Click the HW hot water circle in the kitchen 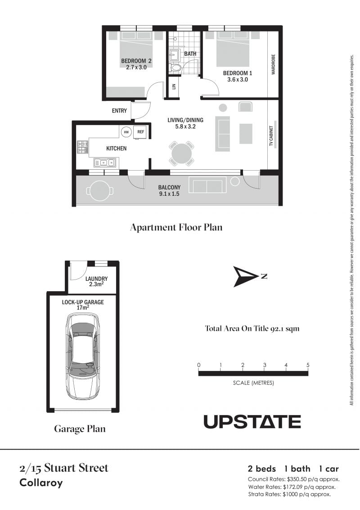pos(126,132)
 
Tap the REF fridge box pos(140,132)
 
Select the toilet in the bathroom pos(175,68)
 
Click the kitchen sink pos(104,162)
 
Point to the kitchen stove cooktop pos(83,147)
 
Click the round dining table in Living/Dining pos(181,153)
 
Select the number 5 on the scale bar pos(308,365)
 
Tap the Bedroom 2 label pos(136,64)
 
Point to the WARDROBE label pos(273,64)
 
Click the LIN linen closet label pos(174,86)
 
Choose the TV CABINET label pos(271,135)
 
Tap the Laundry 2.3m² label pos(97,281)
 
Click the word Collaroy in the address pos(41,483)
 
